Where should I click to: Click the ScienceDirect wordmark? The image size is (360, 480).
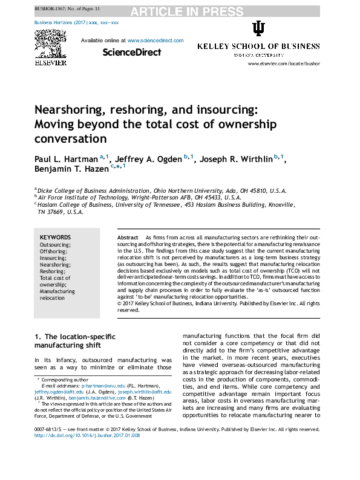[132, 53]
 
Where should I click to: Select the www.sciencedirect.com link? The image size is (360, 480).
[155, 41]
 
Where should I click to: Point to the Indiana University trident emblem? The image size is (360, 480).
[258, 30]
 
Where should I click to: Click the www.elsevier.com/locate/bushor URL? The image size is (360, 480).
[283, 63]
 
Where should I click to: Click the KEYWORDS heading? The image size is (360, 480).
[55, 238]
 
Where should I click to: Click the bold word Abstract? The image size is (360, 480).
[128, 238]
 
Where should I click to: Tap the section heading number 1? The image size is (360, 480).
[37, 336]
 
